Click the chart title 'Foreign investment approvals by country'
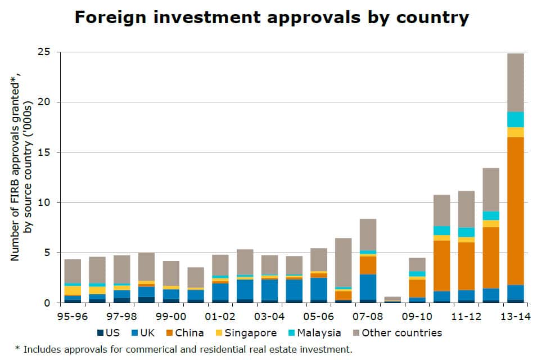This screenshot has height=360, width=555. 272,17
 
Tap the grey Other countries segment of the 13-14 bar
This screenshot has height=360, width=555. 516,82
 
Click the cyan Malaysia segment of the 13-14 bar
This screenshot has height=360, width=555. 516,119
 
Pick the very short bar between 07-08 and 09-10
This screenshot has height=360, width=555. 392,299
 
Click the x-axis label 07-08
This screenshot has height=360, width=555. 368,316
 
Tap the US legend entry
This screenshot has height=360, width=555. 108,333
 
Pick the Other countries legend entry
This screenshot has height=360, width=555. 396,333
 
